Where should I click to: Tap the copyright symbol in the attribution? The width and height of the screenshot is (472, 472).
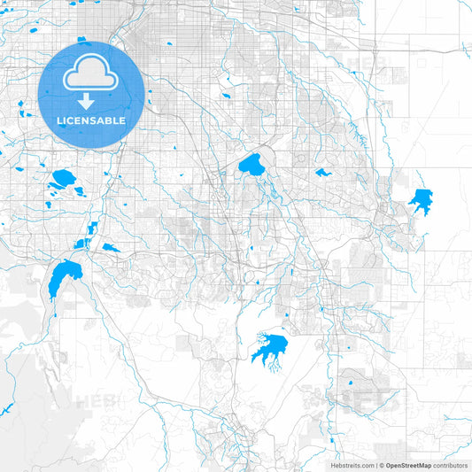pos(382,465)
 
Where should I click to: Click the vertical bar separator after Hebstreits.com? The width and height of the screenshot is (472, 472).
pos(376,465)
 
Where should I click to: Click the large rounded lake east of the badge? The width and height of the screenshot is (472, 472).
pos(251,165)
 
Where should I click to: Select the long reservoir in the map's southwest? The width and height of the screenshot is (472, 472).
pos(61,278)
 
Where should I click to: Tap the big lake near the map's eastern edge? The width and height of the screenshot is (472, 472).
pos(421,201)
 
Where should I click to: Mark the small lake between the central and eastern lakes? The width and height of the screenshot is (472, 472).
pos(322,172)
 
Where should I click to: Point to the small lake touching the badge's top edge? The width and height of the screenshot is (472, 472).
pos(81,40)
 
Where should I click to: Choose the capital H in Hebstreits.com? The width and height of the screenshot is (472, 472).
pos(333,465)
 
